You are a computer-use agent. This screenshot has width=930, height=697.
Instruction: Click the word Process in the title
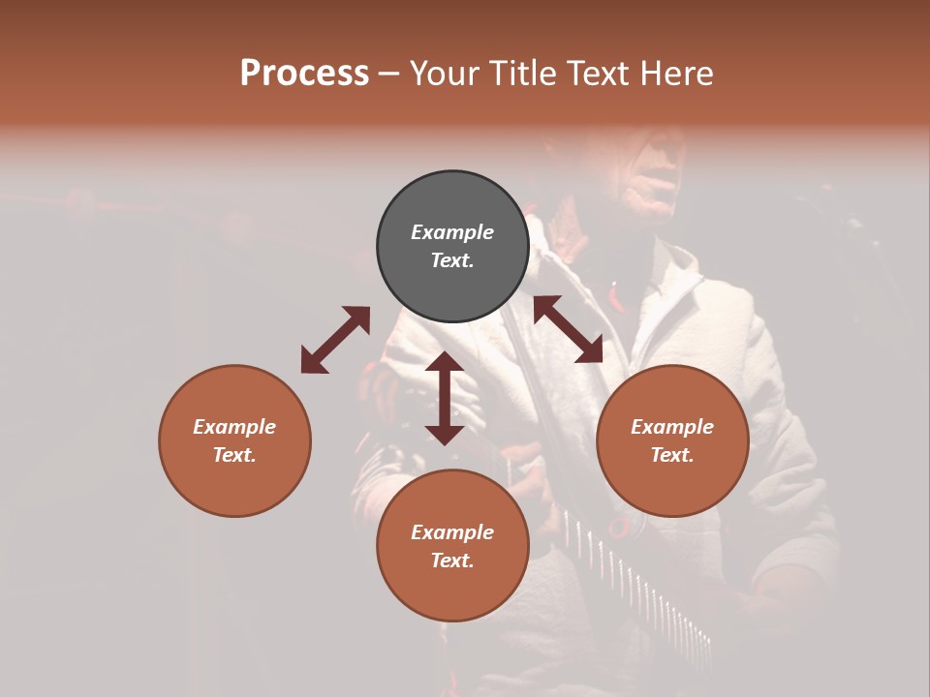[x=304, y=74]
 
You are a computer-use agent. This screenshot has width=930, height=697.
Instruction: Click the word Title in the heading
[x=519, y=74]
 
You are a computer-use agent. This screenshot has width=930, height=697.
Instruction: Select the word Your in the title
[x=446, y=74]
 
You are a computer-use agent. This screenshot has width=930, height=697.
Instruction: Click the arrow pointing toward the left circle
[x=335, y=340]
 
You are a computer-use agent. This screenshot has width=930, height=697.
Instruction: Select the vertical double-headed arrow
[x=445, y=398]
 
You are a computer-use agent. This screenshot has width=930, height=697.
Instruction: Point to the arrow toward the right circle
[x=568, y=329]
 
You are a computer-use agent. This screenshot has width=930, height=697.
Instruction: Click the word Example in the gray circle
[x=452, y=232]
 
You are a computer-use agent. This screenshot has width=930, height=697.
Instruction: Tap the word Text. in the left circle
[x=234, y=455]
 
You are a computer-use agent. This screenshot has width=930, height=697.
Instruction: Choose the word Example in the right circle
[x=672, y=427]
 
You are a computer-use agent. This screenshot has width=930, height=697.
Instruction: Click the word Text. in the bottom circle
[x=452, y=561]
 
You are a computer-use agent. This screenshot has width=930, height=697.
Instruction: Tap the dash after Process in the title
[x=389, y=74]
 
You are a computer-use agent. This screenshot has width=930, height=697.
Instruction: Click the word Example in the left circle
[x=234, y=427]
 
